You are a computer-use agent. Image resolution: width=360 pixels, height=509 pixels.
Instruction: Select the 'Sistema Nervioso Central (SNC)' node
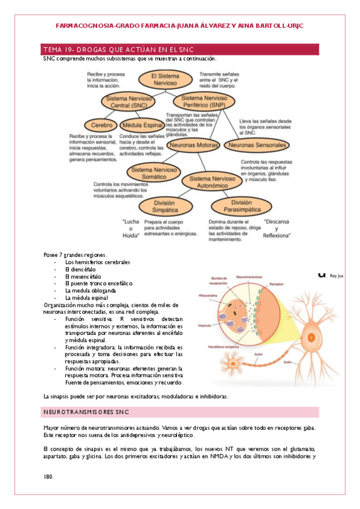(x=127, y=101)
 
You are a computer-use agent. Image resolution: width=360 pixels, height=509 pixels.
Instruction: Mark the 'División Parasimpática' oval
(x=241, y=206)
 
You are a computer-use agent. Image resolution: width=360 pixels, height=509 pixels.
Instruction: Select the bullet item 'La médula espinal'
(x=86, y=297)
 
